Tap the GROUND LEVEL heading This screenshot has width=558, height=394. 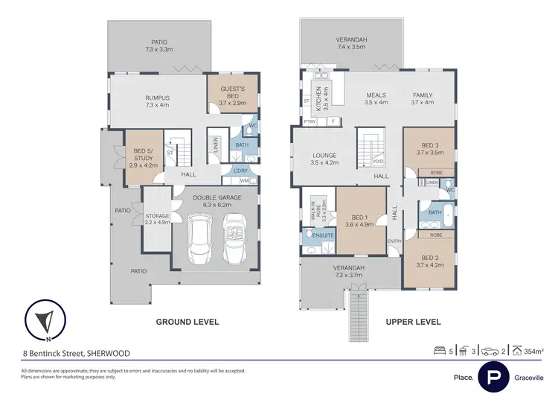tap(187, 322)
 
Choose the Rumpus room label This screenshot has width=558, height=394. tap(157, 101)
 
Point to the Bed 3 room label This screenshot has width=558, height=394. tap(429, 147)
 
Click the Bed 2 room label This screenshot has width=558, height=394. tap(429, 260)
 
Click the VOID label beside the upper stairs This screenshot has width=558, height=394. tap(379, 161)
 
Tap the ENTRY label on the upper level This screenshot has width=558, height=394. tap(394, 241)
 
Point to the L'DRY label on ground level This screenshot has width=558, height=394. tap(240, 171)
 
